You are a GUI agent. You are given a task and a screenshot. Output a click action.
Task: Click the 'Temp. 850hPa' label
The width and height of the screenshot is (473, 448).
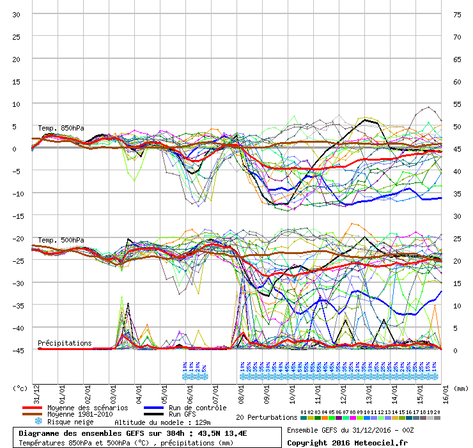tap(61, 128)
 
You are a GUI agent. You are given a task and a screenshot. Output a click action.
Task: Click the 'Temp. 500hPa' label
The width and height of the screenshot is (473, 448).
tap(61, 240)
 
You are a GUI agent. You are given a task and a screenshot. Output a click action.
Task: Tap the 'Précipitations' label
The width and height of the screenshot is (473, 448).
tap(65, 343)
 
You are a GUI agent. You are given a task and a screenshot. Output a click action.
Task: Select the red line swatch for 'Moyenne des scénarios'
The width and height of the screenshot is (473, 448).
tap(32, 408)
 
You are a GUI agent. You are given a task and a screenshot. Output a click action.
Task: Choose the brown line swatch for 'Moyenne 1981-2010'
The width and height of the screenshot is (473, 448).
tap(32, 415)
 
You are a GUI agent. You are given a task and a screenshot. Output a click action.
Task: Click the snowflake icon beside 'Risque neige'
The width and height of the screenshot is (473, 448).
tap(38, 422)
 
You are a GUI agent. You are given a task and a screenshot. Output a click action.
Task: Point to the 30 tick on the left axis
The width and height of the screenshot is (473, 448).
tap(17, 15)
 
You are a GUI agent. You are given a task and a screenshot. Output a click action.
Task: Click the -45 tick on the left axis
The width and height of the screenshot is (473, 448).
tap(15, 351)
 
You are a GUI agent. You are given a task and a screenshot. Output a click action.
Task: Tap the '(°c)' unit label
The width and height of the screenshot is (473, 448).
tap(20, 388)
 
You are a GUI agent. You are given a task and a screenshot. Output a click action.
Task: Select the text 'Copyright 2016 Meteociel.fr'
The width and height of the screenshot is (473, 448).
tap(347, 442)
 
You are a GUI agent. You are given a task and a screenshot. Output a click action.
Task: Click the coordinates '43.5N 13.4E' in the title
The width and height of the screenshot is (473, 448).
tap(222, 433)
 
